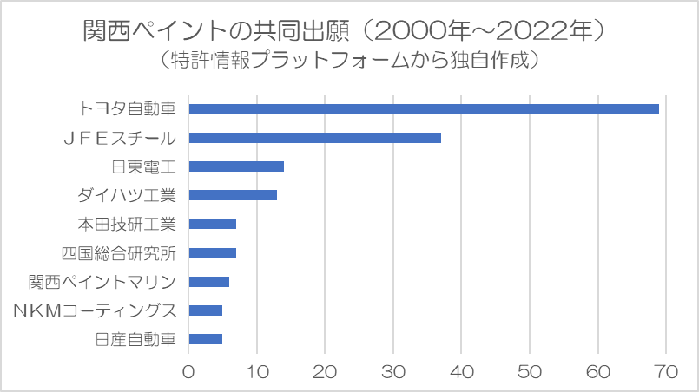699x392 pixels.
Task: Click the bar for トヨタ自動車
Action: point(424,108)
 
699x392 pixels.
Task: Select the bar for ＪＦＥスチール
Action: point(314,138)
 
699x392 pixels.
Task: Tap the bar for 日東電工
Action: point(236,167)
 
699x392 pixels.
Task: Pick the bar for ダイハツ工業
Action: point(233,195)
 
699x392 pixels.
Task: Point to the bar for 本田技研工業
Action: point(212,224)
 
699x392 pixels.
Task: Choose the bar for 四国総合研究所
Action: point(212,253)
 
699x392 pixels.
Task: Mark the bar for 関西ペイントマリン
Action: point(208,282)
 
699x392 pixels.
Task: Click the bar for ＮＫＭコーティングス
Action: point(205,310)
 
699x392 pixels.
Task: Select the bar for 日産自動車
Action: point(205,339)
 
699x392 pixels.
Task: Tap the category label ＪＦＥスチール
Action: point(121,138)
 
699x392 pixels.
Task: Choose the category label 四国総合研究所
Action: point(119,253)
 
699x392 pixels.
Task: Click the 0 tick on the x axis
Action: point(188,372)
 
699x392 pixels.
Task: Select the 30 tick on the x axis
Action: point(393,372)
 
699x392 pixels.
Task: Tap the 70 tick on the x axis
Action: point(666,372)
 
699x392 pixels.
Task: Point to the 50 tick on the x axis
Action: point(530,372)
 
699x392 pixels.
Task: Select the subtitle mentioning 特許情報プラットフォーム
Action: point(349,60)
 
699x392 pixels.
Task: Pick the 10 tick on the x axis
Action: point(257,372)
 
